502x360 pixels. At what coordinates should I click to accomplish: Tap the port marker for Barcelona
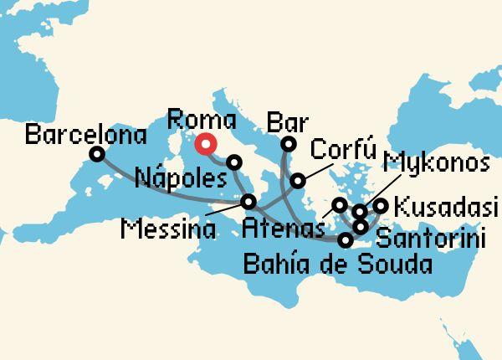tap(97, 154)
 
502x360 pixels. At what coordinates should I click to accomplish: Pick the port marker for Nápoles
tap(234, 162)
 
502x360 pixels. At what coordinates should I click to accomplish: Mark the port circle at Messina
tap(248, 202)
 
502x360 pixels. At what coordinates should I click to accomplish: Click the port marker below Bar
tap(287, 145)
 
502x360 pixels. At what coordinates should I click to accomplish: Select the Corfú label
tap(339, 150)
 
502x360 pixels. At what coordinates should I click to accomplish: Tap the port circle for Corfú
tap(298, 180)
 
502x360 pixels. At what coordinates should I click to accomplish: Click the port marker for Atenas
tap(339, 204)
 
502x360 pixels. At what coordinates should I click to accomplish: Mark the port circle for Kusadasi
tap(381, 205)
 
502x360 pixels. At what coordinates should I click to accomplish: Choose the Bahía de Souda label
tap(337, 266)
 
